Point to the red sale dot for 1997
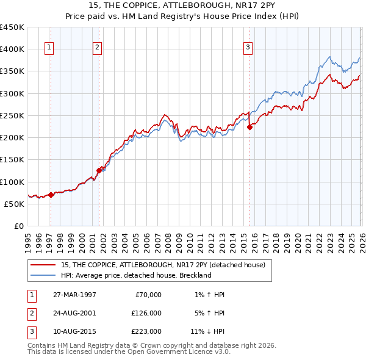pyautogui.click(x=51, y=195)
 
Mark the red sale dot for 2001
pyautogui.click(x=99, y=170)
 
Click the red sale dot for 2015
pyautogui.click(x=249, y=127)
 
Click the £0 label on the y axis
pyautogui.click(x=20, y=226)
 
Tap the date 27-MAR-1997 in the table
pyautogui.click(x=74, y=295)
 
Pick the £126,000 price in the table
pyautogui.click(x=146, y=313)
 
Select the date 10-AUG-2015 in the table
pyautogui.click(x=74, y=331)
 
